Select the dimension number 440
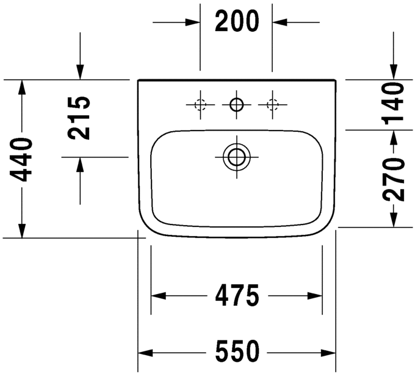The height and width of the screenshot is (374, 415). pyautogui.click(x=23, y=160)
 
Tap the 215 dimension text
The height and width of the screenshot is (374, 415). pyautogui.click(x=79, y=118)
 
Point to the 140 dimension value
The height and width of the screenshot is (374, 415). pyautogui.click(x=394, y=104)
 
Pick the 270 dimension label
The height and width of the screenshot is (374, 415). pyautogui.click(x=394, y=179)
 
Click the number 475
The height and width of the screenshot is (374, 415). pyautogui.click(x=237, y=297)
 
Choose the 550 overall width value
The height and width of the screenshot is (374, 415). pyautogui.click(x=237, y=352)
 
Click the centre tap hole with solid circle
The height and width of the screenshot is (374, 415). pyautogui.click(x=236, y=105)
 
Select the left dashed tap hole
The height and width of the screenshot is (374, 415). pyautogui.click(x=200, y=105)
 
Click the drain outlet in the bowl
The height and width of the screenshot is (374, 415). pyautogui.click(x=236, y=157)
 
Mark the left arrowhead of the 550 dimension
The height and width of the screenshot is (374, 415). pyautogui.click(x=145, y=353)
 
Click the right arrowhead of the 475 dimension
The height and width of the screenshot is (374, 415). pyautogui.click(x=315, y=297)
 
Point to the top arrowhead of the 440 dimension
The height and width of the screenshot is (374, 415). pyautogui.click(x=23, y=87)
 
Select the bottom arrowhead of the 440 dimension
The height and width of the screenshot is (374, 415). pyautogui.click(x=23, y=231)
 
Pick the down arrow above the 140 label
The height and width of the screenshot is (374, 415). pyautogui.click(x=394, y=72)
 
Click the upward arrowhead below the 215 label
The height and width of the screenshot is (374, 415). pyautogui.click(x=79, y=164)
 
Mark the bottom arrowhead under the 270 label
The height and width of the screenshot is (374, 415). pyautogui.click(x=394, y=220)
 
